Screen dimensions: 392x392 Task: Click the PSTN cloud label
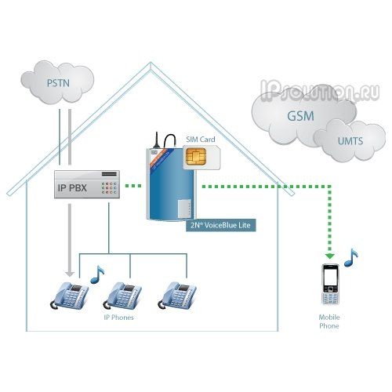58,83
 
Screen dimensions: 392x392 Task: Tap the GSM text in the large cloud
300,116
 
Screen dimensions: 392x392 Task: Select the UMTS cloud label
350,141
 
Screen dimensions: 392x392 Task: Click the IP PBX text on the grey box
72,187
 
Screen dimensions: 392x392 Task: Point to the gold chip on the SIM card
195,156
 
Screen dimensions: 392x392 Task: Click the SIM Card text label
201,140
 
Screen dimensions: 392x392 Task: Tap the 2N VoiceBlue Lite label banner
220,225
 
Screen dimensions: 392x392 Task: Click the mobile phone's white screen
330,277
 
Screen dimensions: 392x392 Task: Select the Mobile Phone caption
329,321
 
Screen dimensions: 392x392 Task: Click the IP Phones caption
118,318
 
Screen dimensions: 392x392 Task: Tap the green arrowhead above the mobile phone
330,255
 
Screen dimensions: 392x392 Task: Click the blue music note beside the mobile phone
351,258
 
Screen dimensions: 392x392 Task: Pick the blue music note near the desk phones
97,274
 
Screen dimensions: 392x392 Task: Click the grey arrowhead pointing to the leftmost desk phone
70,274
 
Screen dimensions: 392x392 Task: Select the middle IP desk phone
122,296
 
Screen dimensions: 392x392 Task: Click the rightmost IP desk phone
177,296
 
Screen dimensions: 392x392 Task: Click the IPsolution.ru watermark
320,91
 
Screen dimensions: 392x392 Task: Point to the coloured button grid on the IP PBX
109,188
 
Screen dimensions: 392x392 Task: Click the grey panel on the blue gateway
184,209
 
